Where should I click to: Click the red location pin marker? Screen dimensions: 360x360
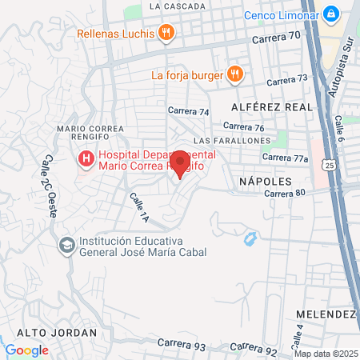(180, 163)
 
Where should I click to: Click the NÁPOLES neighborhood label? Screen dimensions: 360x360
(261, 182)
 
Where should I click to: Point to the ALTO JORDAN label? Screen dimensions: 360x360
(48, 332)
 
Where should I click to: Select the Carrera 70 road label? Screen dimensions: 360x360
(274, 37)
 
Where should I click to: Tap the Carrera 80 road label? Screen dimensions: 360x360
(285, 193)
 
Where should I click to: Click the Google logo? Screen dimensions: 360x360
(26, 350)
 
